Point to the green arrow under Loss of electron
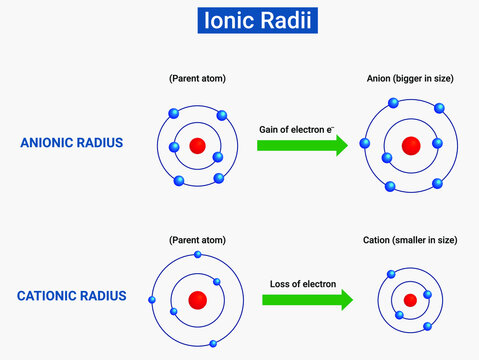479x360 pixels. pos(311,300)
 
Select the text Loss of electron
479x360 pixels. pos(302,283)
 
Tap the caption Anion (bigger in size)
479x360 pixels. pos(410,77)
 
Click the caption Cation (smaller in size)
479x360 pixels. pos(410,241)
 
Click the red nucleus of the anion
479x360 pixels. pos(410,146)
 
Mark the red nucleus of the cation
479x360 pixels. pos(410,300)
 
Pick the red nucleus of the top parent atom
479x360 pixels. pos(197,146)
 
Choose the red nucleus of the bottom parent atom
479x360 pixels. pos(198,299)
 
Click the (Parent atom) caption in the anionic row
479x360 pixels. pos(197,77)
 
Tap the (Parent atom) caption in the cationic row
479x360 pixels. pos(197,241)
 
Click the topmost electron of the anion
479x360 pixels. pos(394,103)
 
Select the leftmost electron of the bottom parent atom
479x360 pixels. pos(152,299)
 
